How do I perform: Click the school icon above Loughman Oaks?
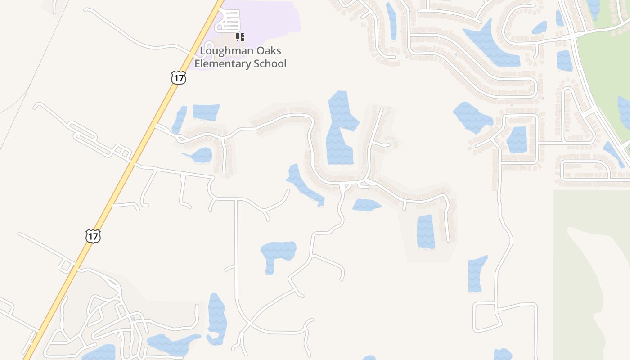[x=240, y=37]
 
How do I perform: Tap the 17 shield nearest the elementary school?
[x=179, y=78]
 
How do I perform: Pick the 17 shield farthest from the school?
[x=93, y=236]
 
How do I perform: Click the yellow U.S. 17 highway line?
[x=135, y=157]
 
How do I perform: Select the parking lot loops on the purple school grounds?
[x=228, y=21]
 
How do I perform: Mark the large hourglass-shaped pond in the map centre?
[x=340, y=128]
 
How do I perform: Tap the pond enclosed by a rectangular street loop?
[x=517, y=139]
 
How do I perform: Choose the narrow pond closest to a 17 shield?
[x=180, y=119]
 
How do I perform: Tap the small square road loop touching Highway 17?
[x=67, y=266]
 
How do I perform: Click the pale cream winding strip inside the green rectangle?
[x=594, y=279]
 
